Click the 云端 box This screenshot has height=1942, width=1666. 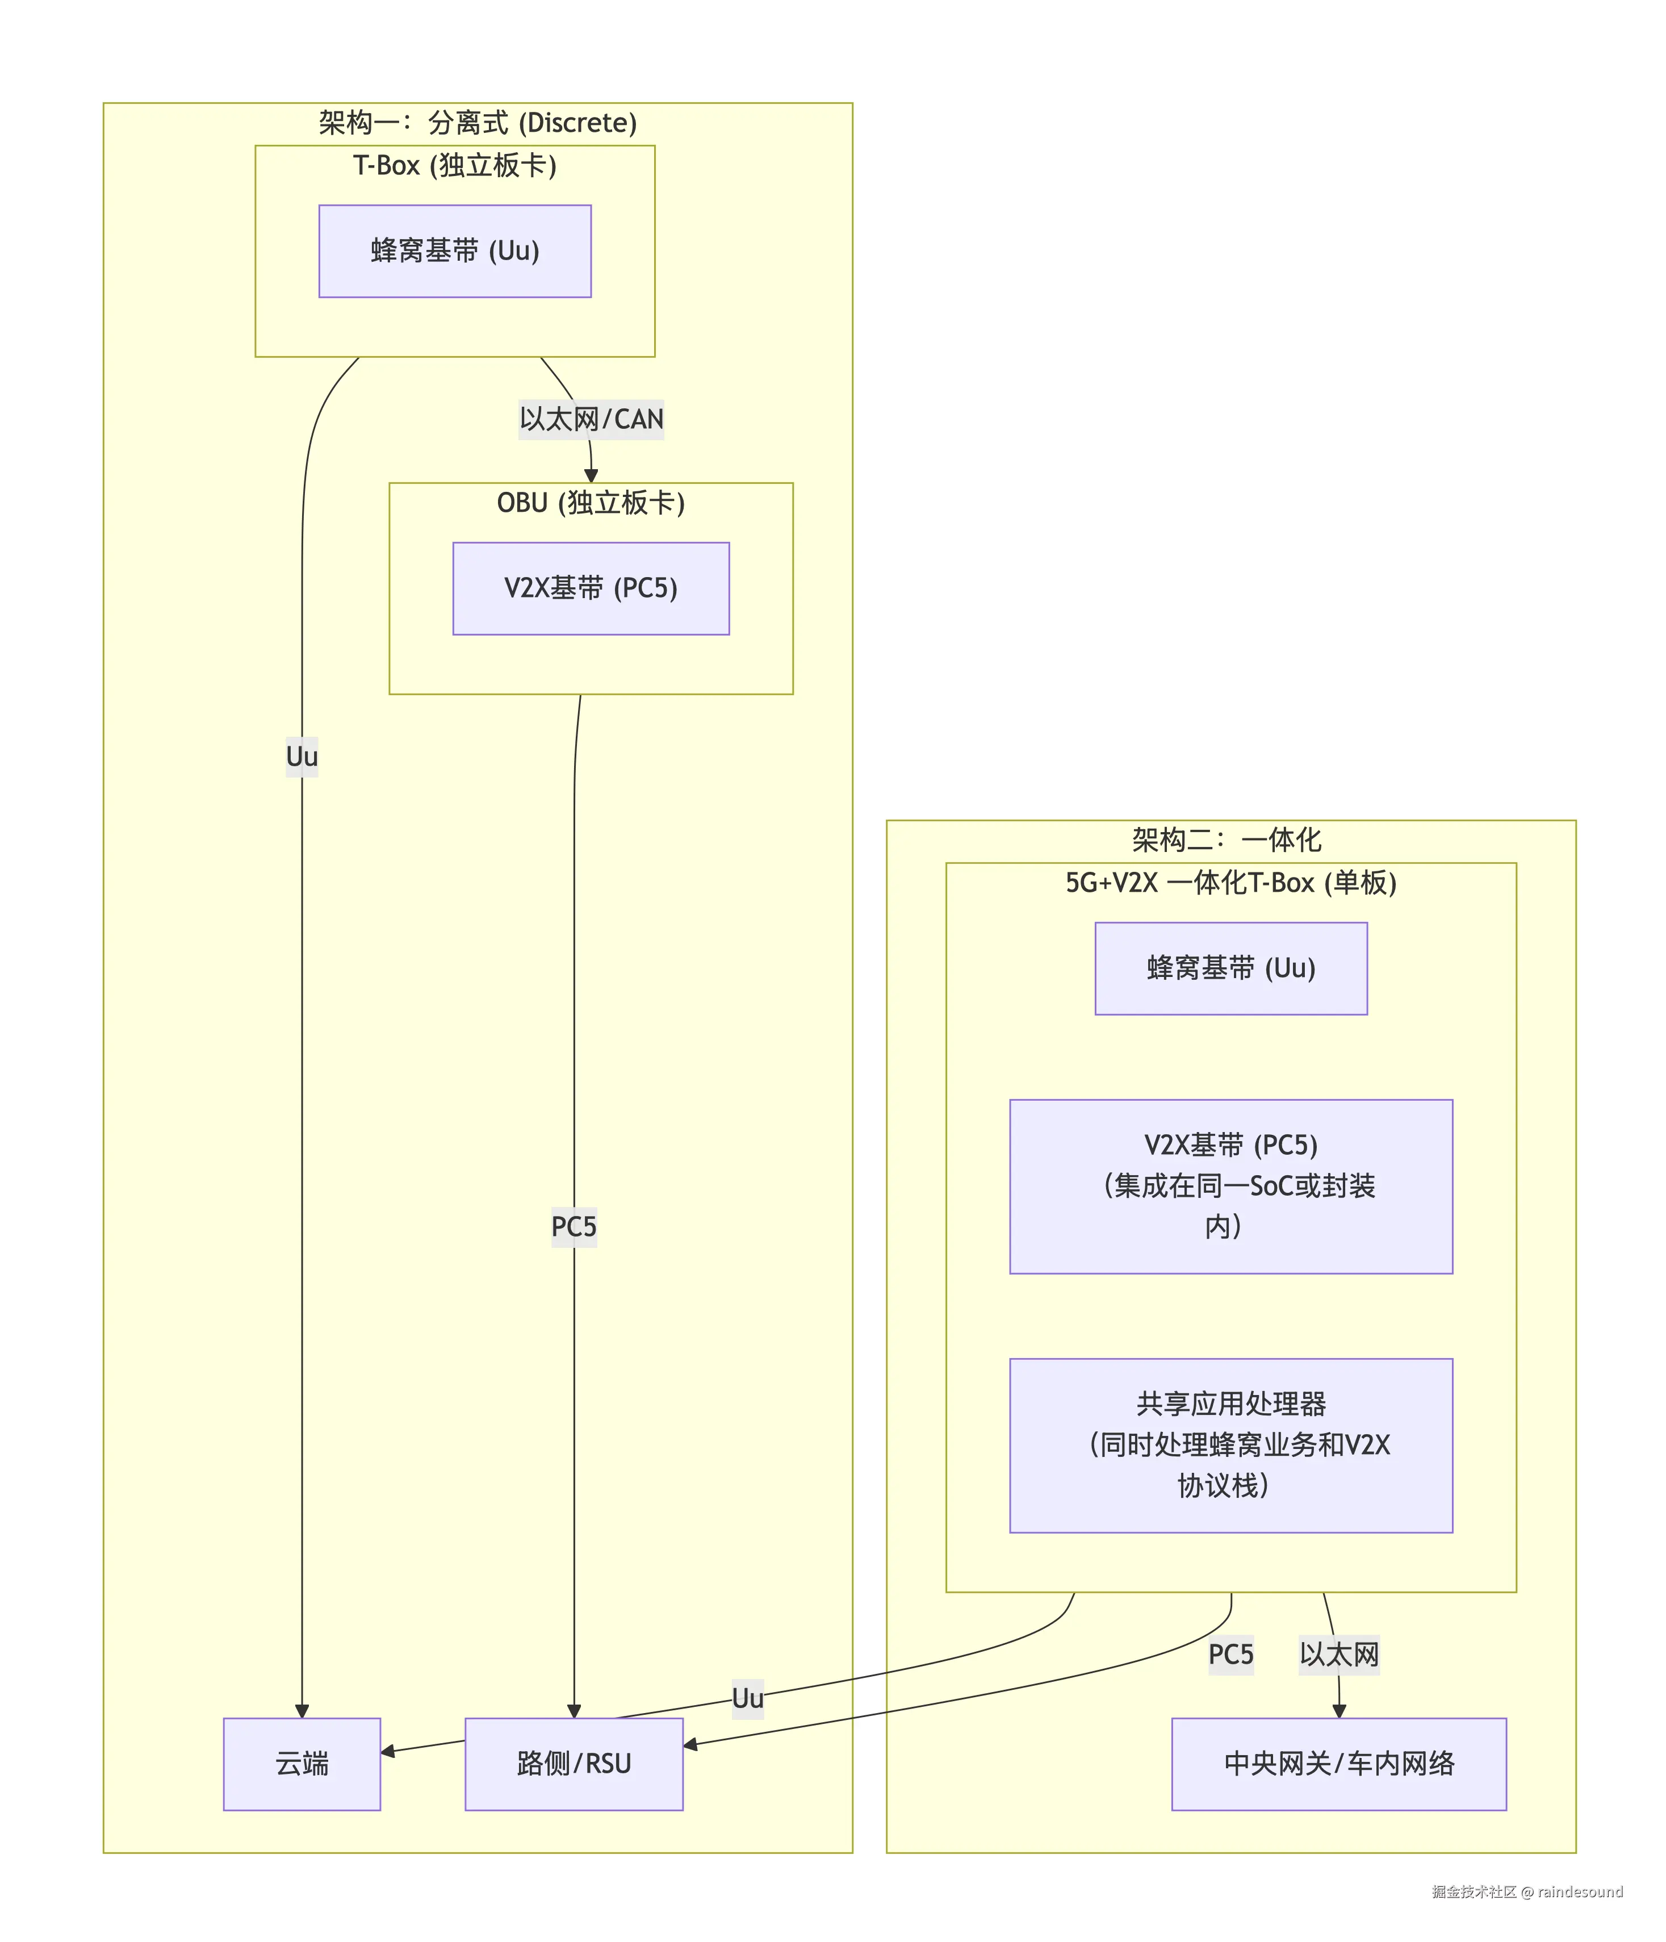coord(302,1763)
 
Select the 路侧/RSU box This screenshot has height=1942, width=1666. coord(574,1763)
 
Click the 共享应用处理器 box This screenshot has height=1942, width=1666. coord(1230,1444)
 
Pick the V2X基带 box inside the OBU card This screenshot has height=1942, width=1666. coord(591,588)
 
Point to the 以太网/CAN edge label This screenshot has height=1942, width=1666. coord(591,419)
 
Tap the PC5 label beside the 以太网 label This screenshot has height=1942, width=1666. coord(1230,1654)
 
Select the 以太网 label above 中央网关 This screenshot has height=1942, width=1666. coord(1339,1654)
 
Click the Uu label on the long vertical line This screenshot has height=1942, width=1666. coord(302,757)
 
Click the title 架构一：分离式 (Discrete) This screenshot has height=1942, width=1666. coord(478,122)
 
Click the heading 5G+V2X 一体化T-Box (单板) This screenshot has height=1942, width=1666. coord(1230,882)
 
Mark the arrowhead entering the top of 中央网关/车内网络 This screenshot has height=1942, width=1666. coord(1339,1710)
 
